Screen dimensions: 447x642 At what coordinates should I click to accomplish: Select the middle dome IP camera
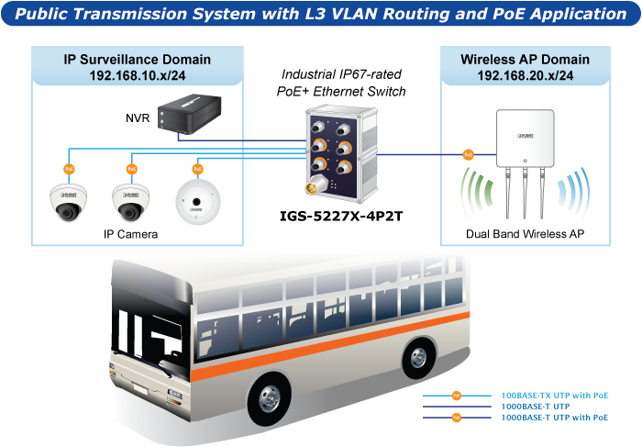[x=131, y=202]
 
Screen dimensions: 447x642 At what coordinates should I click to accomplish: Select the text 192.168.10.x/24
[x=137, y=74]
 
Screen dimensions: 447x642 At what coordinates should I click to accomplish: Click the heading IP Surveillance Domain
[x=137, y=60]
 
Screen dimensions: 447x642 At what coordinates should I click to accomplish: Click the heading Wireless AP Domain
[x=525, y=60]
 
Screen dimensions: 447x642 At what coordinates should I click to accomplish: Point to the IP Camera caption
[x=130, y=234]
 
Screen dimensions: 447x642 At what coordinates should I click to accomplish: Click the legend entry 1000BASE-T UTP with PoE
[x=554, y=417]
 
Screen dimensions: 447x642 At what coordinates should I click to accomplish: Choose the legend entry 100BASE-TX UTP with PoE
[x=554, y=395]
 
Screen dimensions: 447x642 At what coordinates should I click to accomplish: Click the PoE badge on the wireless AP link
[x=468, y=155]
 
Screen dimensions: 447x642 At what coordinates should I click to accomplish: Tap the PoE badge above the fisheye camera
[x=196, y=169]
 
